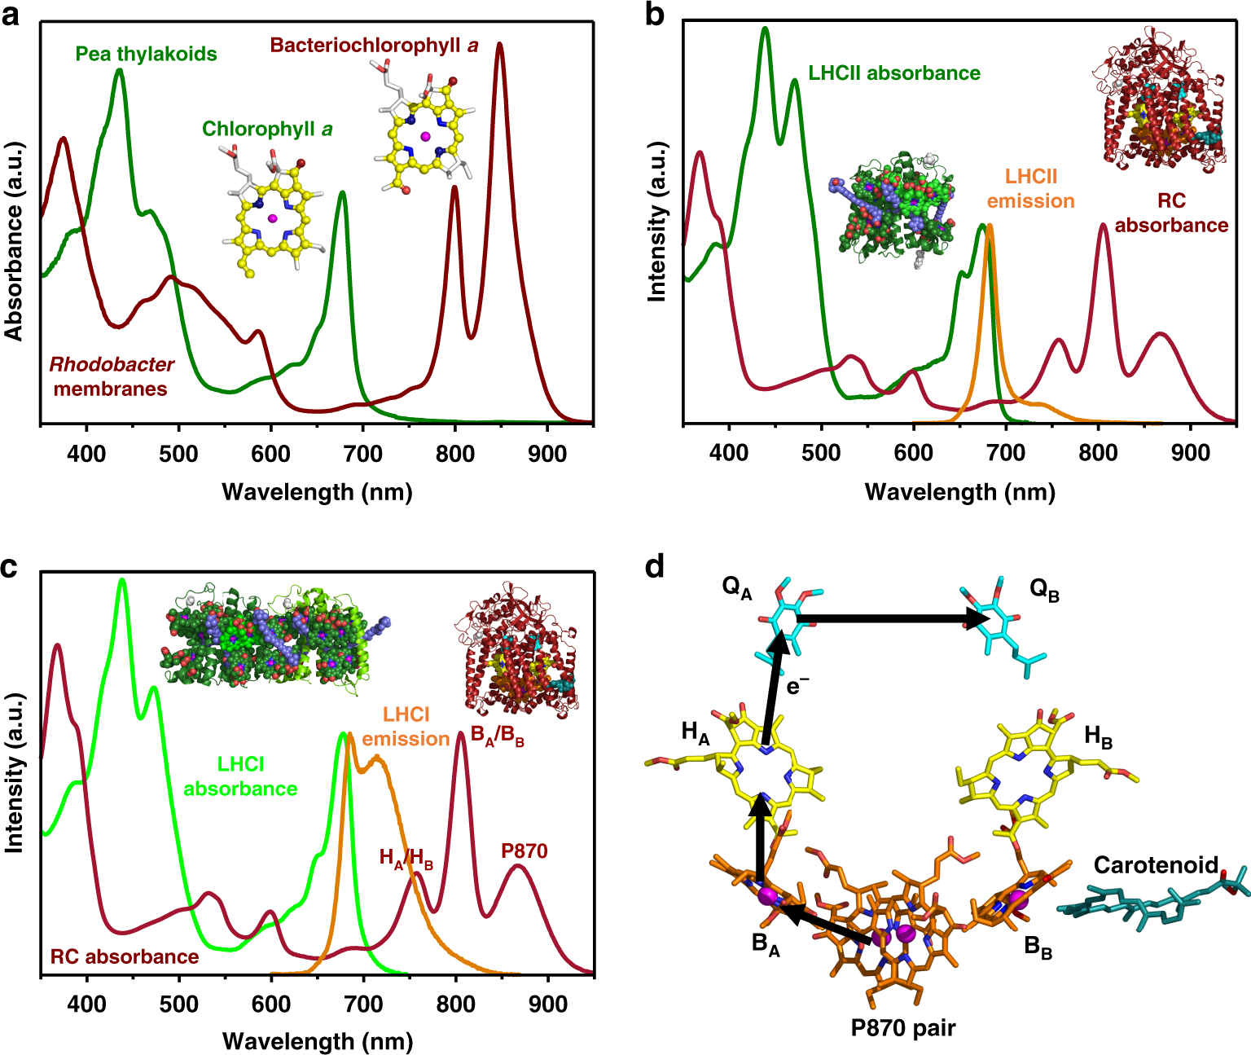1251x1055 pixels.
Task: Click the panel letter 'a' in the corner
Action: click(11, 15)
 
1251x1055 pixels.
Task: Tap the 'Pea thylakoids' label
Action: click(146, 54)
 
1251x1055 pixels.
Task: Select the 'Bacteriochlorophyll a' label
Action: click(374, 46)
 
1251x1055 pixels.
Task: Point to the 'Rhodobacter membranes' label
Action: click(112, 376)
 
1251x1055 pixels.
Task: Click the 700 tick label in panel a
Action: click(362, 455)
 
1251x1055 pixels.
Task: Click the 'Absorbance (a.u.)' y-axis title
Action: click(14, 240)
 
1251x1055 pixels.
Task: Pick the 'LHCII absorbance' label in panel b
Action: click(893, 73)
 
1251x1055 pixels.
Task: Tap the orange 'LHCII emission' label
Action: click(1030, 189)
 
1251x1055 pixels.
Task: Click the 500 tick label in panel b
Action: click(821, 453)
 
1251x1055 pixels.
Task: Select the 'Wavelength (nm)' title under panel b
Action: click(959, 492)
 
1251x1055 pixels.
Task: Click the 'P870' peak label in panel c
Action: click(524, 851)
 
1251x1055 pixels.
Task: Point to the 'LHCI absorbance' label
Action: click(240, 776)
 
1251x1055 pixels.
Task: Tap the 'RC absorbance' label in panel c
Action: click(125, 956)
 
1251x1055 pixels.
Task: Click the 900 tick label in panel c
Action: click(547, 1004)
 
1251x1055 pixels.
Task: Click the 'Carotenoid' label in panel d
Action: click(1155, 865)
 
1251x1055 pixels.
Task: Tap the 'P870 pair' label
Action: click(902, 1028)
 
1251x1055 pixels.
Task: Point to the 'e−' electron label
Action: click(797, 686)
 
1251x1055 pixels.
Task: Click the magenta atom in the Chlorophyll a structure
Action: click(272, 218)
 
